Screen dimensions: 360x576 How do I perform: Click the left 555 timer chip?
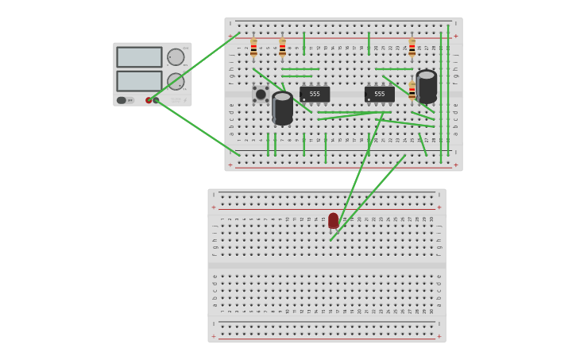[315, 94]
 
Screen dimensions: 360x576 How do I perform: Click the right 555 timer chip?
[380, 94]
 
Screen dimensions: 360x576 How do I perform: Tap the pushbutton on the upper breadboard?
[261, 95]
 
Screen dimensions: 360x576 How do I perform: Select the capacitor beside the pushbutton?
[282, 108]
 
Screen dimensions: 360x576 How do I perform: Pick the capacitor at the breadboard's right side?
[427, 87]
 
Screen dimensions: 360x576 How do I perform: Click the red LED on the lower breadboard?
[333, 220]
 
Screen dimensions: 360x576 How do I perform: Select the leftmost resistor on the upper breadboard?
[253, 48]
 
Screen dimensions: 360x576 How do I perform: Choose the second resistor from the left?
[282, 48]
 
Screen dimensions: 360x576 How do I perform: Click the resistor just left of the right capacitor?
[412, 91]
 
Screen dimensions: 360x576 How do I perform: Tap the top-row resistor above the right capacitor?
[412, 48]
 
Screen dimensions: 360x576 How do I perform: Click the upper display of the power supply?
[139, 57]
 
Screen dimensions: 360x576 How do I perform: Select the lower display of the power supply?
[139, 81]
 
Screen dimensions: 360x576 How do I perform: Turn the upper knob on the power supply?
[176, 57]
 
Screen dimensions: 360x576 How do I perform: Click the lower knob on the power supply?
[176, 81]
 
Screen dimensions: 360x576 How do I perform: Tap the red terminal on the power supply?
[149, 100]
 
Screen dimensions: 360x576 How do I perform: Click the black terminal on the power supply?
[156, 100]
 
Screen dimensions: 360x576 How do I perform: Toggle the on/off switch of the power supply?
[122, 100]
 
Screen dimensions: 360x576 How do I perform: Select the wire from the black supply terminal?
[199, 128]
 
